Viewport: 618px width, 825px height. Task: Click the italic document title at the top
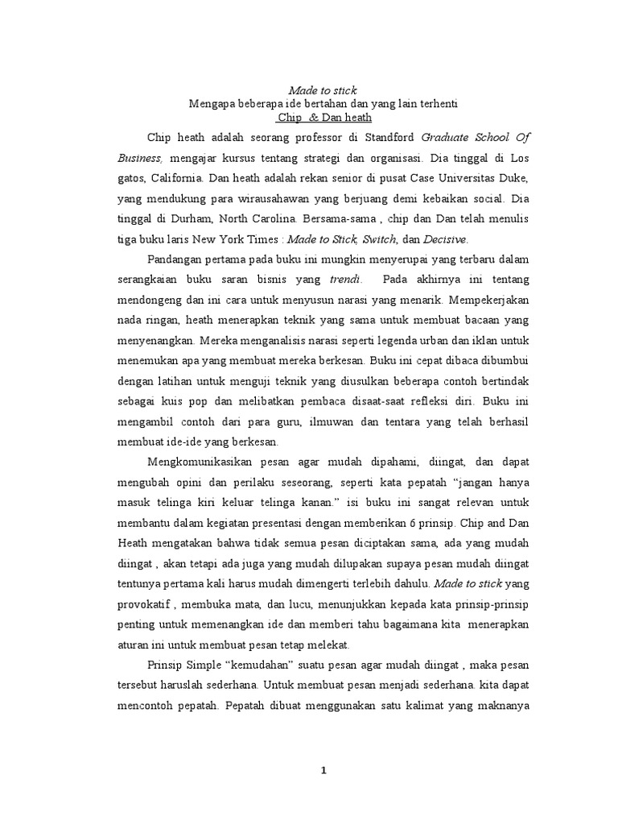point(322,89)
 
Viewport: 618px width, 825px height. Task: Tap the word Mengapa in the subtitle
point(212,103)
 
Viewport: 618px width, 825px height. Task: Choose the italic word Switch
point(379,238)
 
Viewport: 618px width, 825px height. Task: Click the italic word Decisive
point(444,238)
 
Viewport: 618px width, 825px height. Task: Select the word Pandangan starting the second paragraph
point(183,259)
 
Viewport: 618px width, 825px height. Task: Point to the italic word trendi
point(346,279)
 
